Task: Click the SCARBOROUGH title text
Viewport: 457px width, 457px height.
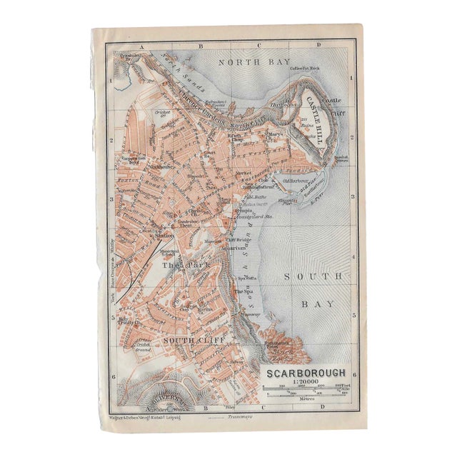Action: click(x=308, y=372)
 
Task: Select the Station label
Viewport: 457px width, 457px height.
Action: click(x=164, y=235)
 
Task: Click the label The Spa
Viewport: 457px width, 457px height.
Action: click(x=243, y=292)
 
